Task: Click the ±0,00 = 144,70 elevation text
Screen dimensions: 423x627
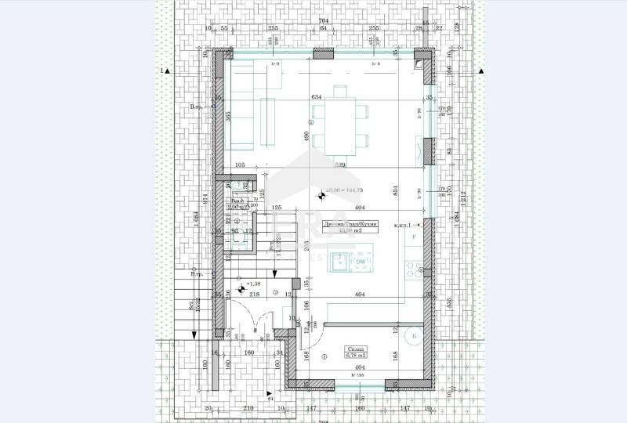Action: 346,190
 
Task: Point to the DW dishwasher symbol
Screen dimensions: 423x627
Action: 361,262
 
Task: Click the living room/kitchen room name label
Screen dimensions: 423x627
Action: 350,224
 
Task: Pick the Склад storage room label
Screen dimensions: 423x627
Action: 353,351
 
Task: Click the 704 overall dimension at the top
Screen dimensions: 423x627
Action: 323,21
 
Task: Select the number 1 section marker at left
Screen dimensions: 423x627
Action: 161,70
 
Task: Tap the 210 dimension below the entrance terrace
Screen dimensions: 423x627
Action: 248,408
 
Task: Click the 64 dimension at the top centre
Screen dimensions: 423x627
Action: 323,28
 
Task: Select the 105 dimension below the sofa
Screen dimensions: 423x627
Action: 240,165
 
